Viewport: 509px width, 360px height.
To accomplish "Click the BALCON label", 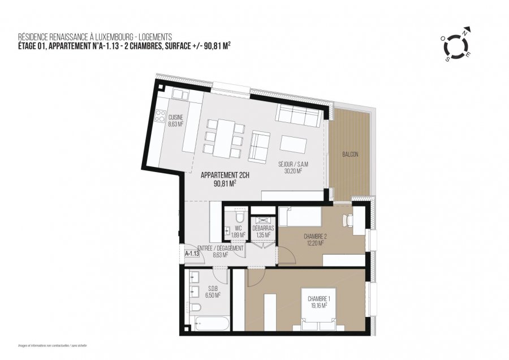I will (350, 154).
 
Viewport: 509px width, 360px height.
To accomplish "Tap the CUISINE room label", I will (176, 118).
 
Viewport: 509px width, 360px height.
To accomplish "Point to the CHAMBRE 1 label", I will (319, 298).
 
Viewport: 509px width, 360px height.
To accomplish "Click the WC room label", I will (238, 228).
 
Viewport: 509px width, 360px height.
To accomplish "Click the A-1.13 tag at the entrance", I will (193, 254).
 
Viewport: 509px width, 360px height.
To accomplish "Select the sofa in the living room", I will (299, 117).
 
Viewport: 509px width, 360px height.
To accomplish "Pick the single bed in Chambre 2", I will (300, 217).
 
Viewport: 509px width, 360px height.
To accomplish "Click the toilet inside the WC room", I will (239, 217).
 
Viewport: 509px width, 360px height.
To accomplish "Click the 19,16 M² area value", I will (319, 306).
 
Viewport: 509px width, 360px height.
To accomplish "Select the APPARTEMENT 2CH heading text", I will (225, 175).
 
